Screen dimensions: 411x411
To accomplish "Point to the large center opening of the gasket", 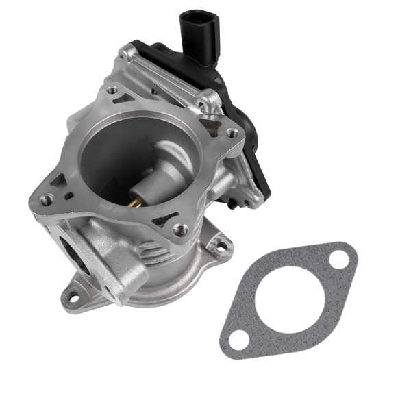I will (x=288, y=299).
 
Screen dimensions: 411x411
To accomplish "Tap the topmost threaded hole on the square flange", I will (x=112, y=90).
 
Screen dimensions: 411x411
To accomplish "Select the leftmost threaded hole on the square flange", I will (x=47, y=199).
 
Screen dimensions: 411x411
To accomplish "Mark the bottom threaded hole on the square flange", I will (x=179, y=229).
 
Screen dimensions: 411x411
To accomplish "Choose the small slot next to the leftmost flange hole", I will (x=68, y=196).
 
